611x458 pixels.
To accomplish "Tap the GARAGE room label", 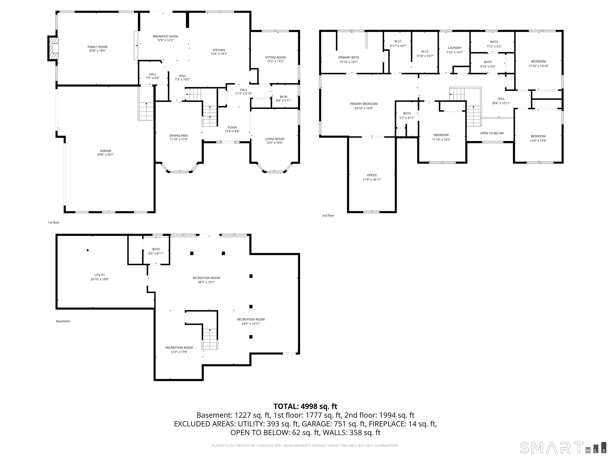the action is click(106, 151).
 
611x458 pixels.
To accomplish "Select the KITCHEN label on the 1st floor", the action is click(219, 50).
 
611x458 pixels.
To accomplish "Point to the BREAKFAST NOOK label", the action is click(165, 36).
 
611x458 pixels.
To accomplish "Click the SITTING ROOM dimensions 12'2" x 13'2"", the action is click(275, 61).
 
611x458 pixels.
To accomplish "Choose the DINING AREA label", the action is click(179, 136).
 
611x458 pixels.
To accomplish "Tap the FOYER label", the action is click(232, 128).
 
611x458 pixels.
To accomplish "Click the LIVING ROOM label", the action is click(274, 139).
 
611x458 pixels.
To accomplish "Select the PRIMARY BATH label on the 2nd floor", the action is click(349, 57).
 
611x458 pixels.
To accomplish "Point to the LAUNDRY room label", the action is click(455, 48).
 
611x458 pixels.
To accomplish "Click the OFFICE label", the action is click(372, 175).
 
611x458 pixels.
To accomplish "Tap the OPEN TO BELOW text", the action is click(492, 133).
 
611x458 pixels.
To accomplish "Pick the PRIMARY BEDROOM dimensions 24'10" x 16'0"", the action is click(364, 108).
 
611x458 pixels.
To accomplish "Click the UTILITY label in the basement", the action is click(100, 275).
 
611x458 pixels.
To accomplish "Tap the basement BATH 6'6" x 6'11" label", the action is click(156, 251).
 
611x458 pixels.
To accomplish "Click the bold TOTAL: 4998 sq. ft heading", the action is click(305, 406).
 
